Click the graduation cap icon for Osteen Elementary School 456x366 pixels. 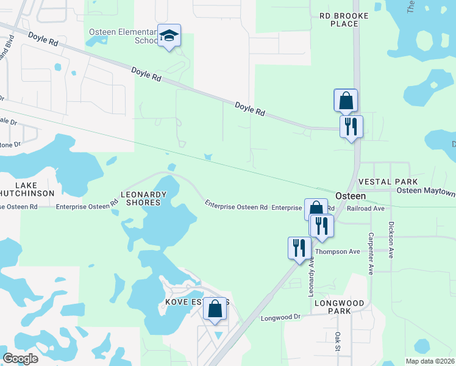(x=169, y=35)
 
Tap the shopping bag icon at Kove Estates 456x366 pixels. (x=215, y=309)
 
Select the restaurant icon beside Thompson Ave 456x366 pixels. (x=299, y=248)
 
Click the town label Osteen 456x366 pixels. (x=351, y=196)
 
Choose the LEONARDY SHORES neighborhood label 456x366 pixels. (x=144, y=198)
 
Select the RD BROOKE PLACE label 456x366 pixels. (x=335, y=19)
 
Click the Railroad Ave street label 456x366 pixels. (x=365, y=208)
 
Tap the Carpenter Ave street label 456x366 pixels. (x=370, y=253)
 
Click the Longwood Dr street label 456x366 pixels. (x=281, y=318)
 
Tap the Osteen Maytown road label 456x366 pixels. (x=426, y=192)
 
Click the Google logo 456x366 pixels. (x=20, y=358)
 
